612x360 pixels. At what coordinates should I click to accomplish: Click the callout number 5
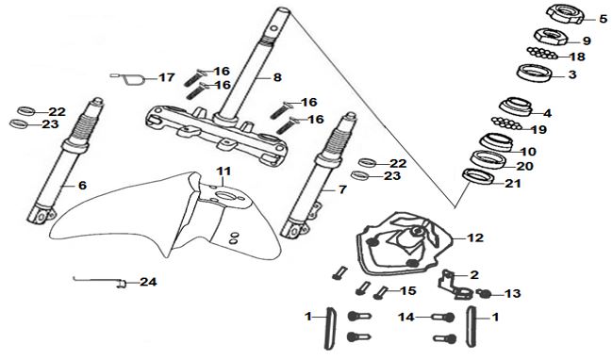(x=604, y=18)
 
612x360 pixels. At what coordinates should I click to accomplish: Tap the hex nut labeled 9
(x=550, y=37)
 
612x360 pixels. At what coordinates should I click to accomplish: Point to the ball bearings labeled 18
(x=541, y=54)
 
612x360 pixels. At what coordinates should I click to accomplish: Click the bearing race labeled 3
(x=534, y=73)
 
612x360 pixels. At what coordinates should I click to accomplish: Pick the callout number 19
(x=539, y=129)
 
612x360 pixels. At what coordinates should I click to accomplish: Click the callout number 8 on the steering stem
(x=277, y=77)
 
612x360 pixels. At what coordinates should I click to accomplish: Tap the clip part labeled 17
(x=130, y=77)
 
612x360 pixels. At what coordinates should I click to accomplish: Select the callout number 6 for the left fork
(x=82, y=186)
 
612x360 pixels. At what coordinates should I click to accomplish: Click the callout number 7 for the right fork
(x=342, y=189)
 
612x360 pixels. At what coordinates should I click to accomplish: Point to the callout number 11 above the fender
(x=224, y=171)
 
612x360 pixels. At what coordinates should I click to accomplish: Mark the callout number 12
(x=475, y=237)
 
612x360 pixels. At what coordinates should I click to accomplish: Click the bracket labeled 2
(x=455, y=286)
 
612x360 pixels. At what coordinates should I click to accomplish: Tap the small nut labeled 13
(x=483, y=292)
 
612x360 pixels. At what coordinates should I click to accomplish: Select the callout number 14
(x=405, y=318)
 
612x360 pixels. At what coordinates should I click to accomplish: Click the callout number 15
(x=408, y=290)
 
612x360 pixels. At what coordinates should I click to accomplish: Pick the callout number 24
(x=149, y=282)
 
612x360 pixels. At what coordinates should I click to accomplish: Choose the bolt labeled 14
(x=443, y=317)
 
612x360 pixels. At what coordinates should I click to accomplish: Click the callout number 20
(x=524, y=166)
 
